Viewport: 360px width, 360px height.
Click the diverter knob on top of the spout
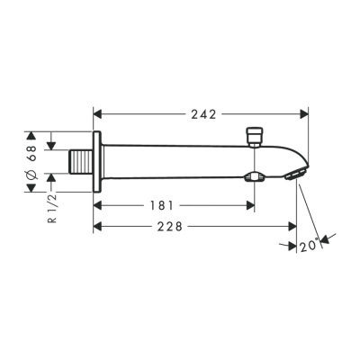[255, 136]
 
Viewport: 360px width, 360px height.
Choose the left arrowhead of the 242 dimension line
[98, 114]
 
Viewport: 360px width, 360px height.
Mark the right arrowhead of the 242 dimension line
[304, 114]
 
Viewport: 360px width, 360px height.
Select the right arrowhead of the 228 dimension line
[289, 227]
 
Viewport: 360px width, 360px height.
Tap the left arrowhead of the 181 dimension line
[98, 205]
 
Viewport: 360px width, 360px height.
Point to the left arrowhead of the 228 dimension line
[98, 227]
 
